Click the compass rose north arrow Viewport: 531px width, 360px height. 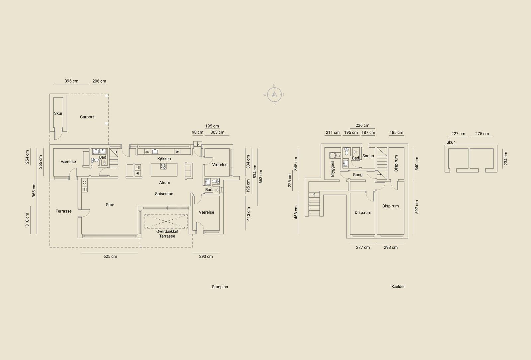pyautogui.click(x=274, y=94)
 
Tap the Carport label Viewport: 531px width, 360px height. pyautogui.click(x=87, y=117)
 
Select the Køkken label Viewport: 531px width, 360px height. pyautogui.click(x=164, y=159)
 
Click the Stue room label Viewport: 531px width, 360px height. pyautogui.click(x=110, y=204)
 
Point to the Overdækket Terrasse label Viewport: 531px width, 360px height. pyautogui.click(x=167, y=234)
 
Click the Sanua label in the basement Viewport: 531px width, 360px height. pyautogui.click(x=368, y=156)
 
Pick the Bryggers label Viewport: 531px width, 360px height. pyautogui.click(x=332, y=169)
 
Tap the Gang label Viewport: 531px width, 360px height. pyautogui.click(x=357, y=175)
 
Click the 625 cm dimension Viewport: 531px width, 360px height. pyautogui.click(x=110, y=256)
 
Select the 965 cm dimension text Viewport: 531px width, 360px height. pyautogui.click(x=34, y=190)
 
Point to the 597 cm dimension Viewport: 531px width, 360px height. pyautogui.click(x=417, y=207)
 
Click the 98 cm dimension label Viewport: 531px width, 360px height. pyautogui.click(x=197, y=132)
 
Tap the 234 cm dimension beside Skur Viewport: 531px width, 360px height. pyautogui.click(x=506, y=159)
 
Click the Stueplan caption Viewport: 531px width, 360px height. pyautogui.click(x=220, y=287)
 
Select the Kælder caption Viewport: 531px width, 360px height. pyautogui.click(x=398, y=287)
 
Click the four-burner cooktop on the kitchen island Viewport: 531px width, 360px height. pyautogui.click(x=163, y=166)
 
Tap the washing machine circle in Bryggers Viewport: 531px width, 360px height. pyautogui.click(x=332, y=155)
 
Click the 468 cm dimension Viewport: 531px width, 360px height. pyautogui.click(x=296, y=212)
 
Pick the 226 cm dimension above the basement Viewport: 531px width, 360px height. pyautogui.click(x=362, y=125)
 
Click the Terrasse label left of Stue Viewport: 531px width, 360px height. pyautogui.click(x=63, y=211)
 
